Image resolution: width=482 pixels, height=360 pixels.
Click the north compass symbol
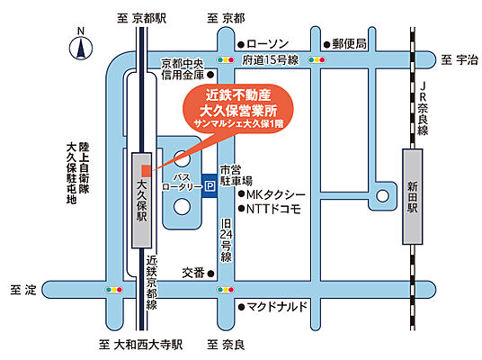79,45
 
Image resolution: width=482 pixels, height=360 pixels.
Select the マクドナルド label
278,306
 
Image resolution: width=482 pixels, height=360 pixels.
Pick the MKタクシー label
276,196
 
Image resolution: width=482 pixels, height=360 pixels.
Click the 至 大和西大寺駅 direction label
140,345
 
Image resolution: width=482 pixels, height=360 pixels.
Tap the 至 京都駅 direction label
138,17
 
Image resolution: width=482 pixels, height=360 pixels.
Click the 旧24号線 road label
227,239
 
